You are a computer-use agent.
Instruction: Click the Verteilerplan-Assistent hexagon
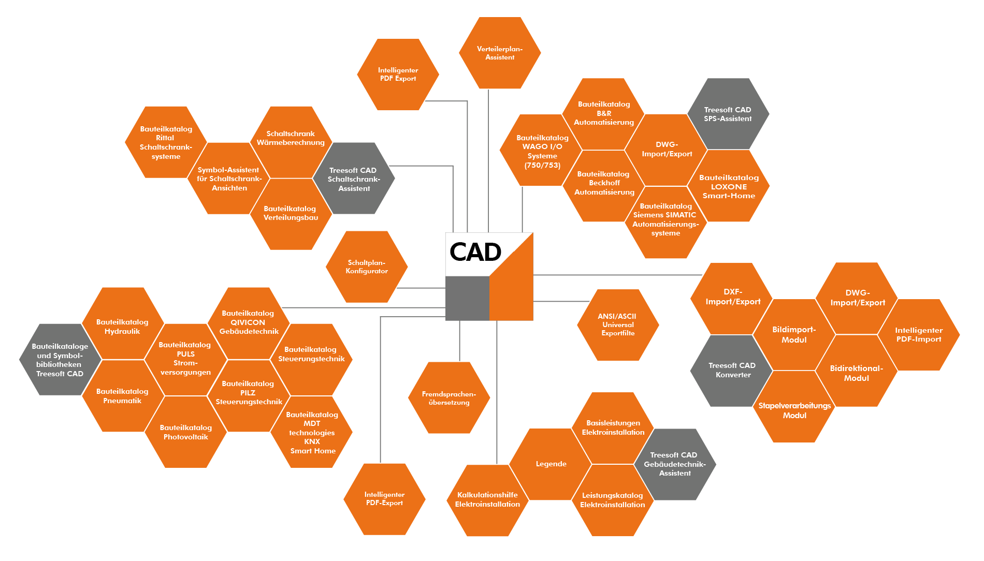pyautogui.click(x=500, y=53)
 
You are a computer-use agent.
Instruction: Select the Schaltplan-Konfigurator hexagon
pyautogui.click(x=367, y=267)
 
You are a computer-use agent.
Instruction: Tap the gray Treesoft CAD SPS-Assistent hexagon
pyautogui.click(x=728, y=114)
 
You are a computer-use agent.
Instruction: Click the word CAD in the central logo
pyautogui.click(x=475, y=252)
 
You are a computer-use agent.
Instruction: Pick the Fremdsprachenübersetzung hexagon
pyautogui.click(x=449, y=398)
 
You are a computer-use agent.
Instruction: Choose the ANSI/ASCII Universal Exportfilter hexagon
pyautogui.click(x=618, y=324)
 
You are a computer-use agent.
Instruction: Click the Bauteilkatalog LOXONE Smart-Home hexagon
pyautogui.click(x=729, y=186)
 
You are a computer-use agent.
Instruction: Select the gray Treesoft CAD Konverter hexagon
pyautogui.click(x=732, y=370)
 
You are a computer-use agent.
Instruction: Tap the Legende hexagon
pyautogui.click(x=551, y=464)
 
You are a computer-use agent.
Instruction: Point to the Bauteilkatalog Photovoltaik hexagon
pyautogui.click(x=185, y=432)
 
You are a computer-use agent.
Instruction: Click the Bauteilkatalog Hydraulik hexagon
pyautogui.click(x=123, y=326)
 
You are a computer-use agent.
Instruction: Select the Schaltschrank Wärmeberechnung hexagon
pyautogui.click(x=291, y=138)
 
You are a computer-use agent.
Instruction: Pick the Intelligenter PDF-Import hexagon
pyautogui.click(x=919, y=335)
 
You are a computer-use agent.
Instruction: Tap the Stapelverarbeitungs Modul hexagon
pyautogui.click(x=794, y=410)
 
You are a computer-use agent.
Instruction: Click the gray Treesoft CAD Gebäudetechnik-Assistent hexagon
pyautogui.click(x=674, y=464)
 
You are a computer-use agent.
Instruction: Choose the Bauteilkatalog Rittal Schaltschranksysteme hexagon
pyautogui.click(x=166, y=142)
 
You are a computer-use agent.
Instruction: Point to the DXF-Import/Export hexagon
pyautogui.click(x=732, y=297)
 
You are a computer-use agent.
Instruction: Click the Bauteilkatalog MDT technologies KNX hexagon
pyautogui.click(x=312, y=432)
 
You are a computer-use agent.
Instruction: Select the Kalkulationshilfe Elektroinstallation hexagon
pyautogui.click(x=487, y=499)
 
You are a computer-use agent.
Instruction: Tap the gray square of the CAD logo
pyautogui.click(x=467, y=299)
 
